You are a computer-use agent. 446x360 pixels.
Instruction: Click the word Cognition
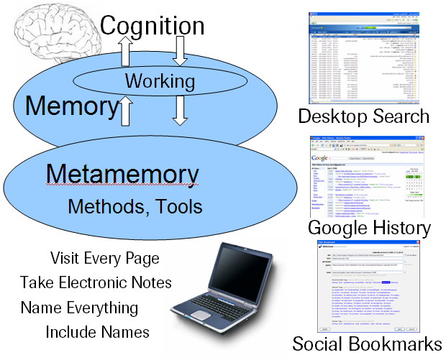[x=152, y=26]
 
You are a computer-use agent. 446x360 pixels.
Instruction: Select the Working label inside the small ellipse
[x=160, y=81]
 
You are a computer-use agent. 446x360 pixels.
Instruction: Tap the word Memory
[x=71, y=106]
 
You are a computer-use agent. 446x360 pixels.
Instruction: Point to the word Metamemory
[x=122, y=175]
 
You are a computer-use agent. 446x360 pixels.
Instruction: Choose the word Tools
[x=179, y=207]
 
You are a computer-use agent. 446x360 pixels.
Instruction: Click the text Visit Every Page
[x=105, y=258]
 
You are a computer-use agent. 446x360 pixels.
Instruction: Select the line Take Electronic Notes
[x=96, y=282]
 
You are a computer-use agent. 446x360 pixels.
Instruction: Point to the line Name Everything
[x=79, y=308]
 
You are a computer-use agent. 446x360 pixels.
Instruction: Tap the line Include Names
[x=97, y=332]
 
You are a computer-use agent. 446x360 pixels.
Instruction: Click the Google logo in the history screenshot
[x=320, y=157]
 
